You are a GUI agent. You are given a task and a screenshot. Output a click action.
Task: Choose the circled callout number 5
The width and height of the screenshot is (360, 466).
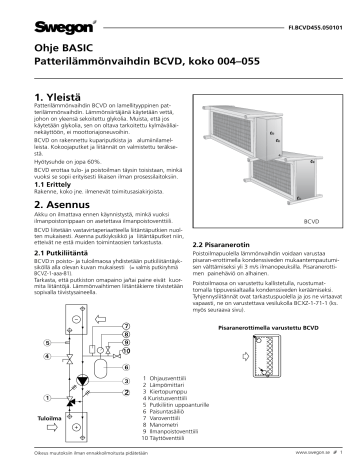[46, 343]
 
